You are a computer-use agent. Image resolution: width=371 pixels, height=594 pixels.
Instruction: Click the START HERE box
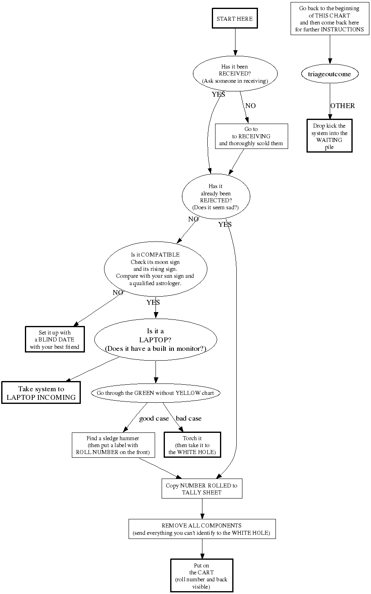coord(235,19)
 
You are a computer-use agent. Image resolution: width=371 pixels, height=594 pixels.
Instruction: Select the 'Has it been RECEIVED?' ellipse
coord(235,74)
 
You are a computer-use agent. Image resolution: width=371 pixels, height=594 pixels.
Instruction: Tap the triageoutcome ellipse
coord(329,74)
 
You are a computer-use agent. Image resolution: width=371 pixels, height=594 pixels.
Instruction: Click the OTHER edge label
coord(342,106)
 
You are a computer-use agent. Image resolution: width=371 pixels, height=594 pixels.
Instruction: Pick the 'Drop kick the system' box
coord(329,136)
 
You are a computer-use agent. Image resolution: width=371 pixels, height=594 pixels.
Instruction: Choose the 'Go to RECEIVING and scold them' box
coord(251,136)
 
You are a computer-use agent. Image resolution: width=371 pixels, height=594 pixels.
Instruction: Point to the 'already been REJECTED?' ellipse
coord(215,197)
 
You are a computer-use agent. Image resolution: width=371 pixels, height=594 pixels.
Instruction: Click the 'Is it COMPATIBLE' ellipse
coord(156,269)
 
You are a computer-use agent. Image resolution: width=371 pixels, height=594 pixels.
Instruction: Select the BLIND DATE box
coord(55,339)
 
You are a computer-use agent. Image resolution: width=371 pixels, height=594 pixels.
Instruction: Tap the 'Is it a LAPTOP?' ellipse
coord(156,340)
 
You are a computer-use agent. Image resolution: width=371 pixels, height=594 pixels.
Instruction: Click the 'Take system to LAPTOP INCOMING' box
coord(41,393)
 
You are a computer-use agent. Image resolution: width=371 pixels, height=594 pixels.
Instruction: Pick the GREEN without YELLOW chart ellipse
coord(156,393)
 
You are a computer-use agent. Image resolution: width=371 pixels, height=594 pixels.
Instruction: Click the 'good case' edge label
coord(154,419)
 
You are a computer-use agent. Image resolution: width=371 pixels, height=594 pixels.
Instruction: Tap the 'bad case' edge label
coord(189,419)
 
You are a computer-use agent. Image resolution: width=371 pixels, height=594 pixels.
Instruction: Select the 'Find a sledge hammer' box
coord(113,445)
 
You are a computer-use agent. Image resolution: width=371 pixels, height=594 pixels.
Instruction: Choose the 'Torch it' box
coord(192,445)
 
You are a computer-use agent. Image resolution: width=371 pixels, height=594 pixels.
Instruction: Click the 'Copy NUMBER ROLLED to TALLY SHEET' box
coord(202,489)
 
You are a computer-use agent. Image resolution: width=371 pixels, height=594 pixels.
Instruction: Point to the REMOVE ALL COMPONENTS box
coord(202,529)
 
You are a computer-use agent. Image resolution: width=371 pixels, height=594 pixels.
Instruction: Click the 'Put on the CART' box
coord(202,576)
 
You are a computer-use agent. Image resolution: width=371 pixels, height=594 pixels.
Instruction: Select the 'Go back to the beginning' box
coord(329,19)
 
